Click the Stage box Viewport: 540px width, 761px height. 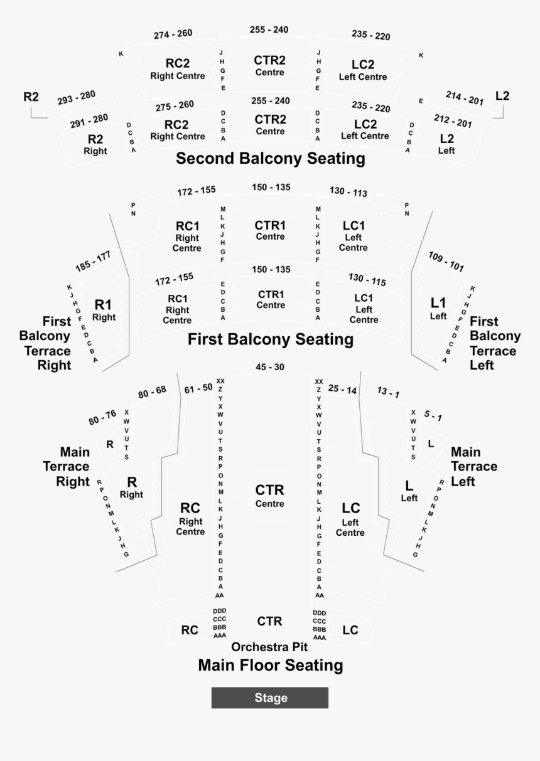pos(270,698)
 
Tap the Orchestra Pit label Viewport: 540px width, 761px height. pos(269,647)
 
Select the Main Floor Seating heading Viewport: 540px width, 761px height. pos(271,665)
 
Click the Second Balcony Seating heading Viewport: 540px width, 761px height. pos(270,159)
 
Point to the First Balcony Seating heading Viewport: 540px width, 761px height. pos(271,340)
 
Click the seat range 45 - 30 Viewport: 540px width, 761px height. pos(270,367)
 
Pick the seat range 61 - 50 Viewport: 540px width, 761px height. pos(198,389)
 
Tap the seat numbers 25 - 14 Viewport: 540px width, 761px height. pos(342,390)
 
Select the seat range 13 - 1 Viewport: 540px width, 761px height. pos(388,393)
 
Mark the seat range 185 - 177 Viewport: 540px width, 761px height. pos(93,262)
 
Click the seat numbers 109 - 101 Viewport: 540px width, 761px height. pos(446,262)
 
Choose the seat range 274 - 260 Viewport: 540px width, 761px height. pos(173,34)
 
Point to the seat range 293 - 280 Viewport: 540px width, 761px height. pos(76,98)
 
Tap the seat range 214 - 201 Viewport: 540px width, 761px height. pos(465,98)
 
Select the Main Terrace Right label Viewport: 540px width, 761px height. pos(73,467)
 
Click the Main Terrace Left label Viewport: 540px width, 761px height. pos(473,467)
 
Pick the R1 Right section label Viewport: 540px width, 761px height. pos(104,310)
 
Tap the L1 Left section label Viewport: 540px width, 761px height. pos(438,308)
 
